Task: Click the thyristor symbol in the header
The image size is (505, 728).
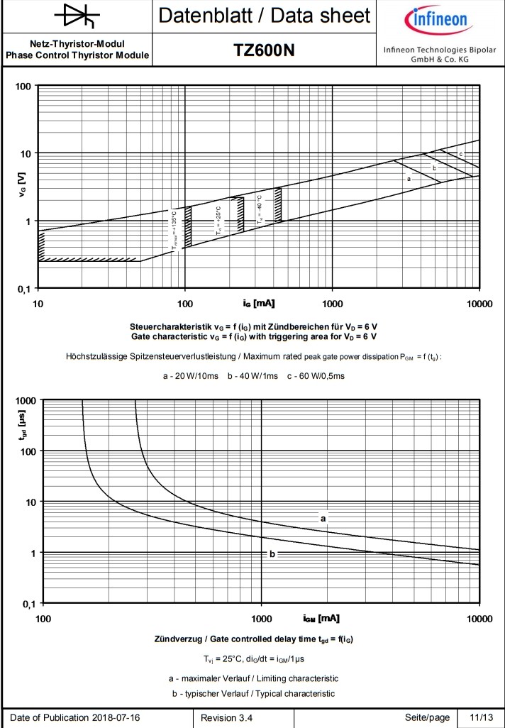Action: coord(77,15)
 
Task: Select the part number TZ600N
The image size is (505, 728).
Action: coord(264,50)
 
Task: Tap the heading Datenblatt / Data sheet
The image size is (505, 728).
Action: coord(264,15)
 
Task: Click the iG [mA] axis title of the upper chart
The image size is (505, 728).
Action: coord(259,304)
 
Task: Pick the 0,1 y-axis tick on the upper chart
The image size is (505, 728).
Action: coord(25,289)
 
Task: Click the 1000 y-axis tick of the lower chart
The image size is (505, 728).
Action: coord(26,400)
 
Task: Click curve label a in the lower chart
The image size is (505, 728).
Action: coord(323,519)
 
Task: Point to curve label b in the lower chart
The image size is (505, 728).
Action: coord(272,553)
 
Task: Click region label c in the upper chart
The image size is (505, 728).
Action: coord(461,154)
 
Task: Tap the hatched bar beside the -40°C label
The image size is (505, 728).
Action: coord(278,204)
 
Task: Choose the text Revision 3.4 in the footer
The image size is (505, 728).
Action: coord(227,717)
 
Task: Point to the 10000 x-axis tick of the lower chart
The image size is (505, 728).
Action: coord(479,619)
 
